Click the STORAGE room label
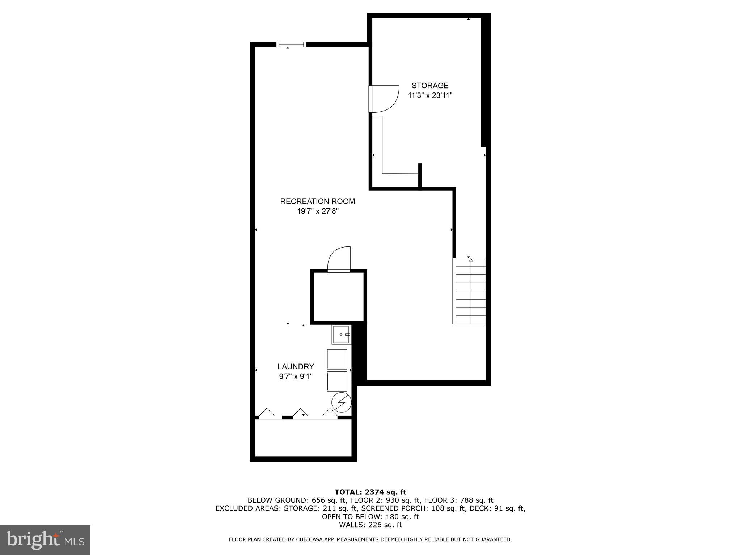tap(430, 86)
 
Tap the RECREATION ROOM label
tap(317, 201)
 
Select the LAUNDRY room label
tap(296, 366)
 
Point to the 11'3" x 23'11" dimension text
tap(430, 96)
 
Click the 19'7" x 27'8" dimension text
tap(317, 211)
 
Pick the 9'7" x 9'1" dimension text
tap(296, 377)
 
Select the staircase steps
tap(470, 291)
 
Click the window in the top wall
tap(291, 44)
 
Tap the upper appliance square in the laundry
tap(337, 359)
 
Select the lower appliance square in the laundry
tap(337, 381)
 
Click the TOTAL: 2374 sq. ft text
tap(370, 492)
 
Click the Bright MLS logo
tap(45, 540)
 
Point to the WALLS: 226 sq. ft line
tap(370, 525)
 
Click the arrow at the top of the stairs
tap(471, 260)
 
